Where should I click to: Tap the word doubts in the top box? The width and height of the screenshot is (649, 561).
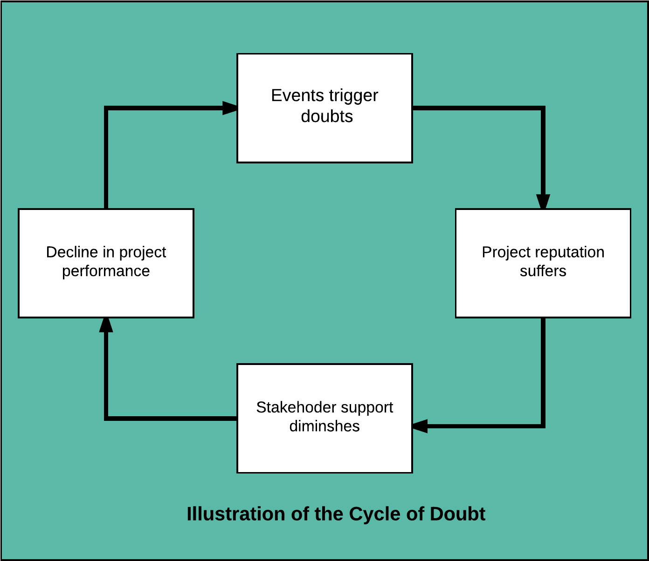pos(326,116)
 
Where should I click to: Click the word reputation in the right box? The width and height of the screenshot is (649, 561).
pos(561,252)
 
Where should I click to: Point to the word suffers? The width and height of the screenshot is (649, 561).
pos(543,271)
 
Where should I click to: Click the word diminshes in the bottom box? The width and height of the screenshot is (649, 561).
pos(324,426)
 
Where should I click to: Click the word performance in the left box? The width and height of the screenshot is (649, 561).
pos(106,271)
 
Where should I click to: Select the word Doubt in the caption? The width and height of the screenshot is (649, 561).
pos(457,514)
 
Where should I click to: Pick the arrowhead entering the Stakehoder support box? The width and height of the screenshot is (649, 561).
pos(420,426)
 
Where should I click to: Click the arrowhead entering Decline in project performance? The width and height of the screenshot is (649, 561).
pos(106,325)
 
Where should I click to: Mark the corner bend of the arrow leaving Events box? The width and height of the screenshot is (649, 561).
pos(543,108)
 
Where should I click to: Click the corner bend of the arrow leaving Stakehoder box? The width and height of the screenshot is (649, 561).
pos(106,418)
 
